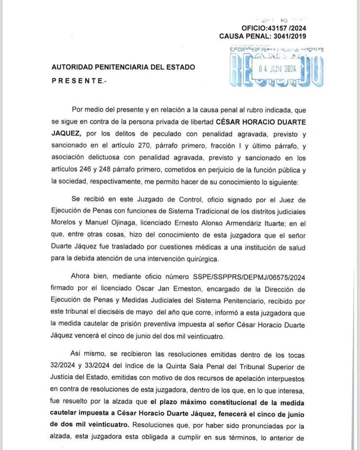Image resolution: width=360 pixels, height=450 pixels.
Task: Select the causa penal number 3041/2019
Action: (290, 36)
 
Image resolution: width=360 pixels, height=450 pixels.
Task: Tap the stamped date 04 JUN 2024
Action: (277, 69)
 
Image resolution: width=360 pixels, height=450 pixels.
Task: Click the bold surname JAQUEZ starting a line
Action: (66, 134)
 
